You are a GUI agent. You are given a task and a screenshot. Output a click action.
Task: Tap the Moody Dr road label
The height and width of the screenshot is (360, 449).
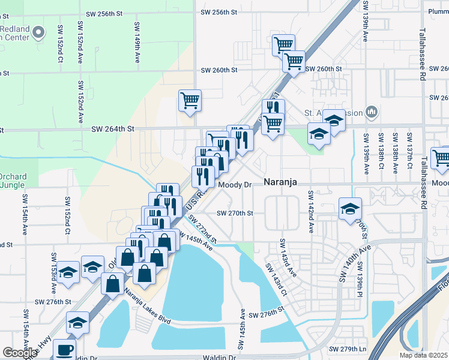click(x=234, y=185)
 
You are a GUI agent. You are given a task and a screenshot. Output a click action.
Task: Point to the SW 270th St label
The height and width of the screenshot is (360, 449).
click(x=235, y=213)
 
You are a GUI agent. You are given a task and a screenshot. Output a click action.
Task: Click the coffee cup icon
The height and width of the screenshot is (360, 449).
click(x=64, y=350)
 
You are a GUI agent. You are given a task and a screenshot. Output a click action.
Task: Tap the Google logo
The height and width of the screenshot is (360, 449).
click(x=20, y=353)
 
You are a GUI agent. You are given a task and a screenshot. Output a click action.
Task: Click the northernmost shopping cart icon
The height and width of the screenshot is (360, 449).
click(x=283, y=44)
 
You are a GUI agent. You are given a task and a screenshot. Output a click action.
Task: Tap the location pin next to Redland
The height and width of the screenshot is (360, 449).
click(x=39, y=32)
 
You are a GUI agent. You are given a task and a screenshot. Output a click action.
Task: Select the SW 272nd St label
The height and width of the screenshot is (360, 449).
click(x=203, y=229)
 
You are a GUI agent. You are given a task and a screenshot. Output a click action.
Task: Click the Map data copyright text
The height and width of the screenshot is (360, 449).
click(x=424, y=355)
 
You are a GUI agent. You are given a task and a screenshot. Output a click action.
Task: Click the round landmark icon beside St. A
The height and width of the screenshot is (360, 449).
click(x=372, y=112)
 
